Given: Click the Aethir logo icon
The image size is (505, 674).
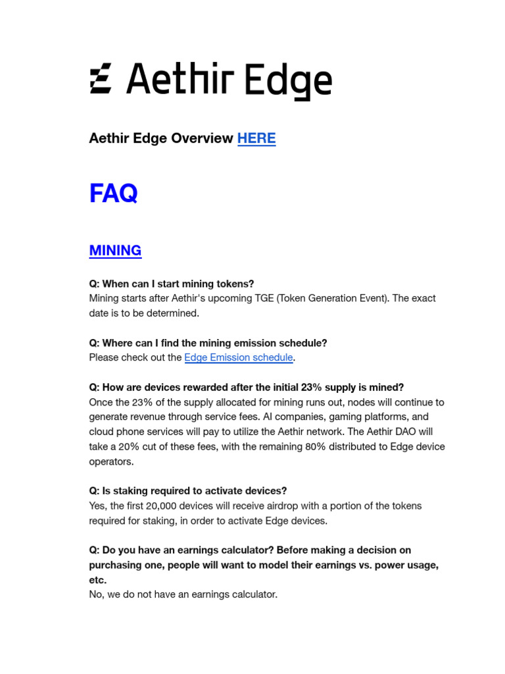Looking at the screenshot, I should click(x=101, y=79).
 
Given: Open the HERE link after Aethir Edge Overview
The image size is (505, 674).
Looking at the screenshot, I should click(x=256, y=138).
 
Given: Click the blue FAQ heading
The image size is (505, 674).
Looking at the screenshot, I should click(x=113, y=194).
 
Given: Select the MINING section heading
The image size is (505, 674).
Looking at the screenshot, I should click(x=115, y=250).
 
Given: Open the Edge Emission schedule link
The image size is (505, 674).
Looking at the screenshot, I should click(x=238, y=357).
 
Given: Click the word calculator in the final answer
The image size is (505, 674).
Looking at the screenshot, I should click(x=252, y=594).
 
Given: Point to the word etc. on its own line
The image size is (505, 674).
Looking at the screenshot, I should click(x=97, y=580).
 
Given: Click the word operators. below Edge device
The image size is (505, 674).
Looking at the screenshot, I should click(x=111, y=461).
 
